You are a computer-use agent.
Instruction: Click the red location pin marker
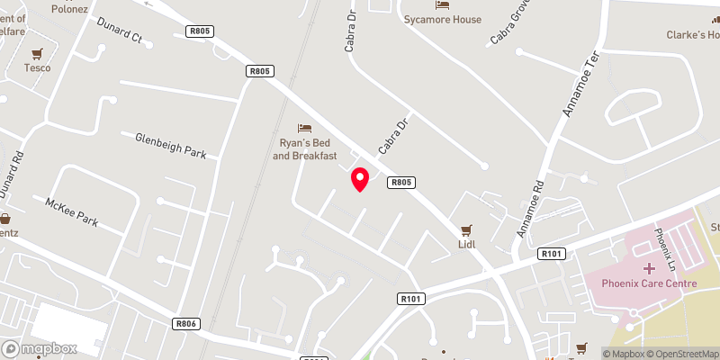click(360, 179)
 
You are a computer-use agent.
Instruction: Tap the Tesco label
click(38, 67)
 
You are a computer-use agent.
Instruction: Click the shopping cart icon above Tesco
click(38, 53)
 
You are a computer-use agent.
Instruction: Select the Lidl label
click(466, 243)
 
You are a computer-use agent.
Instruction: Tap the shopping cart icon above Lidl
click(466, 229)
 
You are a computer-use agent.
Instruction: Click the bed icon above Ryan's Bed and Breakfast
click(304, 129)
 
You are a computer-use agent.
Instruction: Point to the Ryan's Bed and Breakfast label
click(304, 149)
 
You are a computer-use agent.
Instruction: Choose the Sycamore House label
click(443, 19)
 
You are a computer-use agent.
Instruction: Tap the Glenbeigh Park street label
click(171, 146)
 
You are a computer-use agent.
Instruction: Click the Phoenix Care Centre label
click(649, 283)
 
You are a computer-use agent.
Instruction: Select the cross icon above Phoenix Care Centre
click(649, 268)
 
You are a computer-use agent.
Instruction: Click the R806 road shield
click(186, 323)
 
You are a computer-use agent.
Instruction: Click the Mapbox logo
click(40, 348)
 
